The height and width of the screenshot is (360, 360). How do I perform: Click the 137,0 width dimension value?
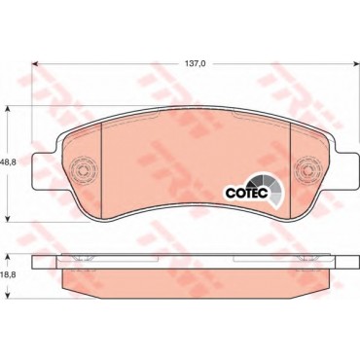tap(196, 64)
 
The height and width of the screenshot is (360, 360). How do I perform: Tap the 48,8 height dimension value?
tap(9, 163)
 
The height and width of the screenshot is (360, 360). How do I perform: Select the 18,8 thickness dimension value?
tap(9, 274)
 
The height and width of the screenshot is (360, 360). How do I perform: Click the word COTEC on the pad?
tap(247, 193)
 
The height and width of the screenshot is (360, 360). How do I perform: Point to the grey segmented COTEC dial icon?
tap(270, 188)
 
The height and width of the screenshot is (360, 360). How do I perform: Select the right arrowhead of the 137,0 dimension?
tap(356, 64)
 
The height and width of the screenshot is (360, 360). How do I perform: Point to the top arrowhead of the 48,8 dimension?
tap(9, 110)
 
